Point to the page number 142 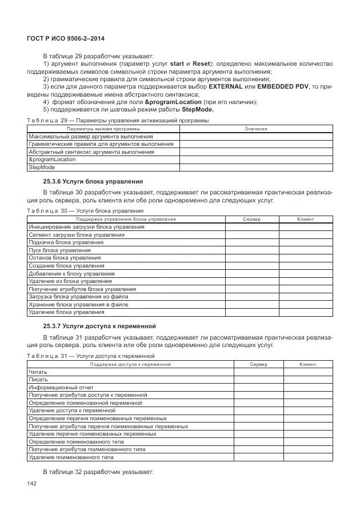[x=32, y=484]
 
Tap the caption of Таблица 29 [x=118, y=121]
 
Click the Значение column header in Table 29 [x=255, y=129]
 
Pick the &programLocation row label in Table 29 [x=52, y=160]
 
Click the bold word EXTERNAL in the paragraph [x=226, y=86]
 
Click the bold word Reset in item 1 [x=201, y=63]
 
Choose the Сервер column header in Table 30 [x=251, y=219]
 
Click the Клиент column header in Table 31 [x=307, y=364]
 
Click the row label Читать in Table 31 [x=38, y=372]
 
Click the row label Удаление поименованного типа [x=71, y=457]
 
